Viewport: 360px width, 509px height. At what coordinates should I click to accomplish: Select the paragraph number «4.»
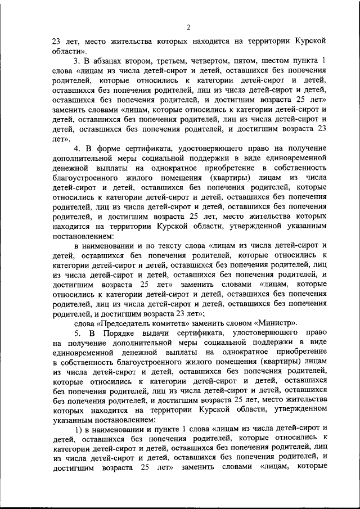[x=79, y=148]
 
